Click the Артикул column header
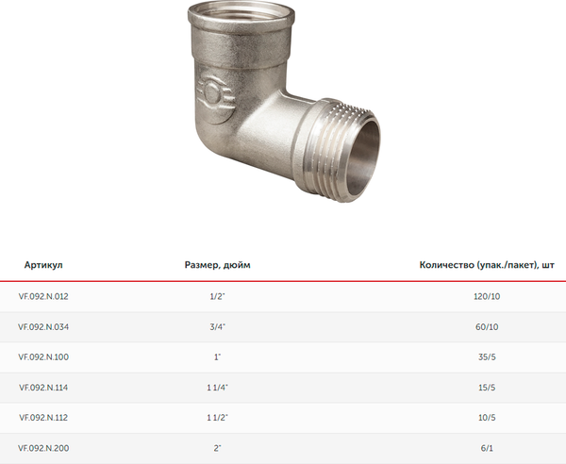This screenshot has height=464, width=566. [43, 265]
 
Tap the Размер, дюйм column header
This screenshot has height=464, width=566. [217, 265]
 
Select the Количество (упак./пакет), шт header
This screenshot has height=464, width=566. [487, 265]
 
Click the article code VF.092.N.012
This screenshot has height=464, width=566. [43, 296]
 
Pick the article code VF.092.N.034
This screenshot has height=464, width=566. [43, 327]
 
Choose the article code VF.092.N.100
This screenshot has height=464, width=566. [43, 357]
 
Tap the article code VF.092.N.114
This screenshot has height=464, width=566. [43, 388]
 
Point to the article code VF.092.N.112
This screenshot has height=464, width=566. [43, 418]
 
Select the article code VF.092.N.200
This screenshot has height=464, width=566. [43, 448]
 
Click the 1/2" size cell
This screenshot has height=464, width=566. [217, 296]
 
